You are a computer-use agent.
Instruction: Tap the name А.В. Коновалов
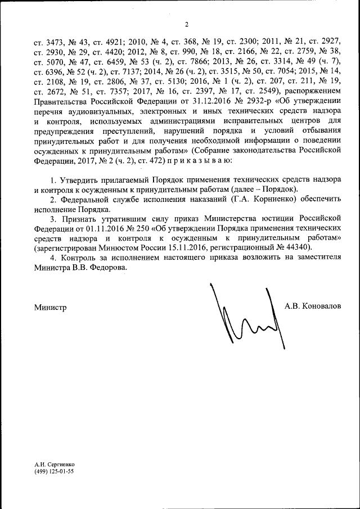(x=313, y=307)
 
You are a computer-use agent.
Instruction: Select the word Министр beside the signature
(x=50, y=308)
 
